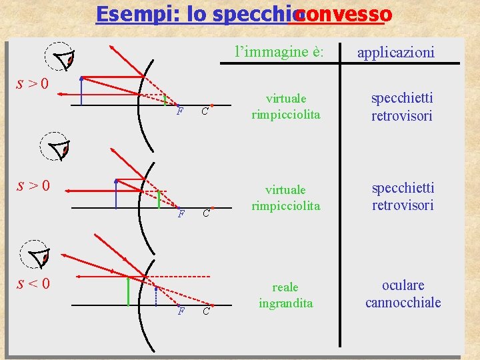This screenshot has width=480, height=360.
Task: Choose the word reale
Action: tap(285, 287)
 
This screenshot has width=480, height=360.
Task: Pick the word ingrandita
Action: tap(285, 303)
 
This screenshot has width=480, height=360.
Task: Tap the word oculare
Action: tap(403, 285)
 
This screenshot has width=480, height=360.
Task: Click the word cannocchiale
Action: tap(403, 303)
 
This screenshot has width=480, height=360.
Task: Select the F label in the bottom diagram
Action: tap(180, 311)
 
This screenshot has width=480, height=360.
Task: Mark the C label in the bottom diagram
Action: tap(206, 311)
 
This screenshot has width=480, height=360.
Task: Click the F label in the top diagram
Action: tap(180, 111)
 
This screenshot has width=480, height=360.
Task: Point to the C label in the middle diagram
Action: tap(206, 213)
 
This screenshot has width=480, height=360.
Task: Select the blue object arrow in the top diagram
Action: tap(81, 91)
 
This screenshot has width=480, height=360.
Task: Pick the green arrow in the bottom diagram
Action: tap(128, 291)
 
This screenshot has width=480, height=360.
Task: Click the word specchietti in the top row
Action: tap(403, 98)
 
